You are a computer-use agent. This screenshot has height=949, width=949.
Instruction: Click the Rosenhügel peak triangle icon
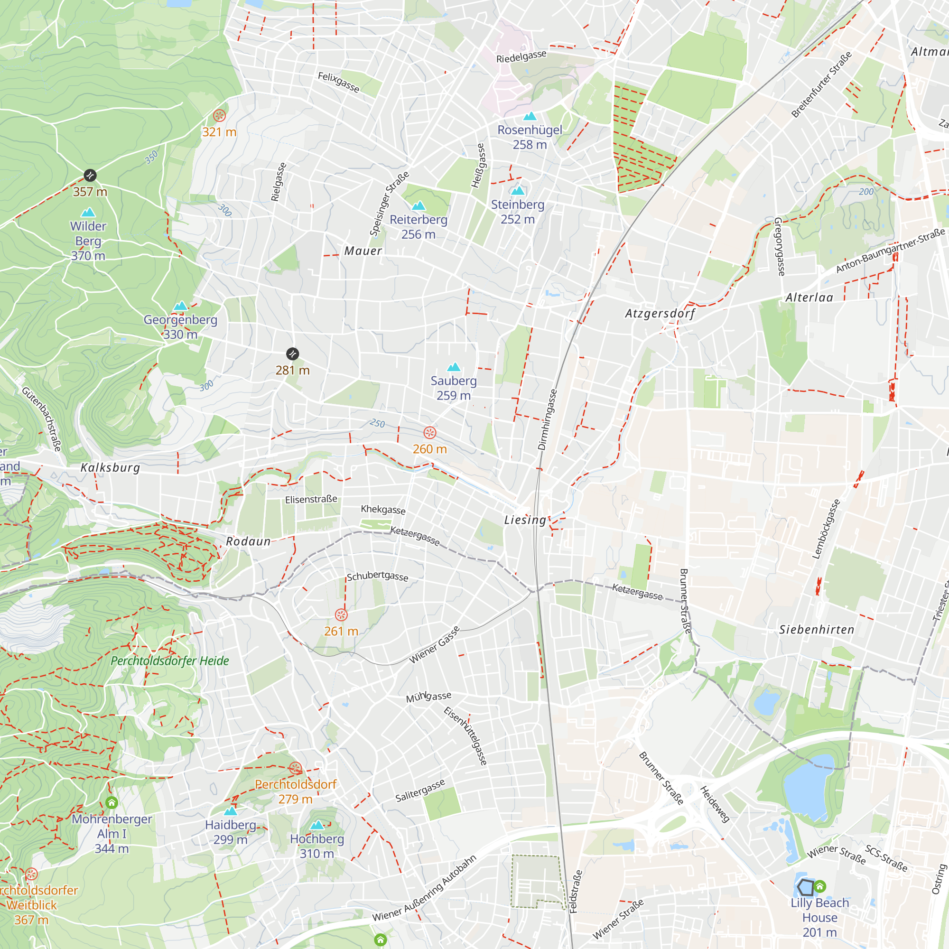pos(530,116)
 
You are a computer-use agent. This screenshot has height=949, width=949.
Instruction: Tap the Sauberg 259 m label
pos(453,388)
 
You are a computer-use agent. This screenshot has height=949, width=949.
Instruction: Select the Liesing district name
pos(525,520)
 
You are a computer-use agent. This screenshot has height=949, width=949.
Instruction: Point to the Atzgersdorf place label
pos(660,313)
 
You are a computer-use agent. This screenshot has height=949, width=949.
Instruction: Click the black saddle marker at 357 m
pos(90,176)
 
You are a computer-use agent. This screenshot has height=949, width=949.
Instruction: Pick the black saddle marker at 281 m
pos(292,354)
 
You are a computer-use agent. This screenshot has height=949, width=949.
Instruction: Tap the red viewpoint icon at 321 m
pos(219,116)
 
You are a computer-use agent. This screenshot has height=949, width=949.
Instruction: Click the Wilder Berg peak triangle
pos(88,212)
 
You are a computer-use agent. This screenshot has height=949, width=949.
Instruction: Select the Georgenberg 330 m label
pos(180,326)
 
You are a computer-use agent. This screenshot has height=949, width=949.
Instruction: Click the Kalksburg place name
pos(110,468)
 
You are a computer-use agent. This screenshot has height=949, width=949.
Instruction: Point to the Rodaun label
pos(248,541)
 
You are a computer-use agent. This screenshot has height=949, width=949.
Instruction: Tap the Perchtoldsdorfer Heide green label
pos(170,661)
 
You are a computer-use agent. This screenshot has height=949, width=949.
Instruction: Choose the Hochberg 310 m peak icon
pos(317,825)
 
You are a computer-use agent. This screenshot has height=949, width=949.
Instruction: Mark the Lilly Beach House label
pos(819,917)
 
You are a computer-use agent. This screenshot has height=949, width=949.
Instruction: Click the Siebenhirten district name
pos(816,630)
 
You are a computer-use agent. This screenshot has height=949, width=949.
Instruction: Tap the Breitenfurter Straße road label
pos(821,84)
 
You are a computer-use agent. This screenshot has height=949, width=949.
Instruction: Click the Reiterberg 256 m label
pos(419,227)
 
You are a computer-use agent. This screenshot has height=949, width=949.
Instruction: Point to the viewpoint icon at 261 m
pos(341,615)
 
